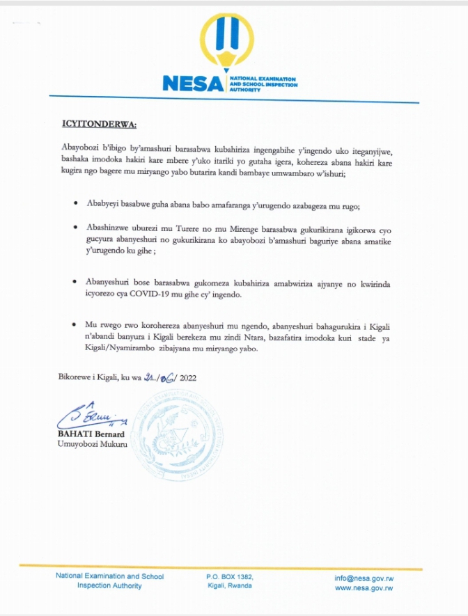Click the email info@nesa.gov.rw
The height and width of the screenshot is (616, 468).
point(364,578)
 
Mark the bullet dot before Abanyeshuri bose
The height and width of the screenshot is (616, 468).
point(75,283)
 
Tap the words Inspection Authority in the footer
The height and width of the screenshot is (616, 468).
point(109,586)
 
